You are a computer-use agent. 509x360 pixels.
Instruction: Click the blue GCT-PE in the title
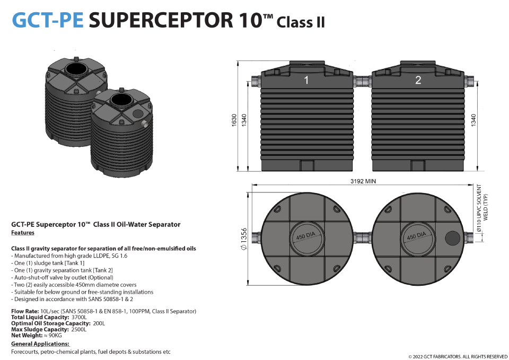pyautogui.click(x=47, y=20)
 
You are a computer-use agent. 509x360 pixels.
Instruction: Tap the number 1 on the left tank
pyautogui.click(x=306, y=80)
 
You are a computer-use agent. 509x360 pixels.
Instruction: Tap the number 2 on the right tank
pyautogui.click(x=418, y=80)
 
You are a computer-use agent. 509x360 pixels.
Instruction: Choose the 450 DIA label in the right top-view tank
pyautogui.click(x=416, y=236)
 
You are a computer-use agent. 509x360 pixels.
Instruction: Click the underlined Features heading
pyautogui.click(x=22, y=233)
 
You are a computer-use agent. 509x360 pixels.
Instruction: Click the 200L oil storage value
pyautogui.click(x=99, y=323)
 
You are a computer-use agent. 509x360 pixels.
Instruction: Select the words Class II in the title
pyautogui.click(x=301, y=23)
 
